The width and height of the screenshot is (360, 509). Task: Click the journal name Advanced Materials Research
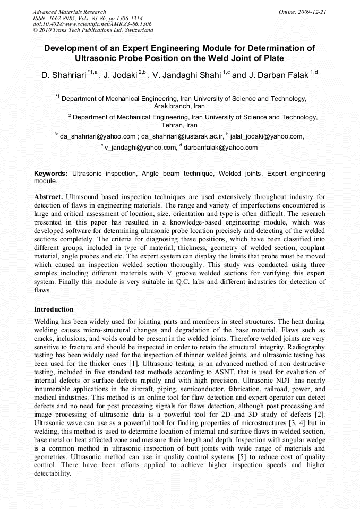pos(69,12)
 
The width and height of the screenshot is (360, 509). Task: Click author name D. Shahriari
pos(64,75)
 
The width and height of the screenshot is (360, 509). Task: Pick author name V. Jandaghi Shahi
pos(186,75)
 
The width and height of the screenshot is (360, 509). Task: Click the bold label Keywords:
pos(51,173)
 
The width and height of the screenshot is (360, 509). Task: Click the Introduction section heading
pos(54,309)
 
